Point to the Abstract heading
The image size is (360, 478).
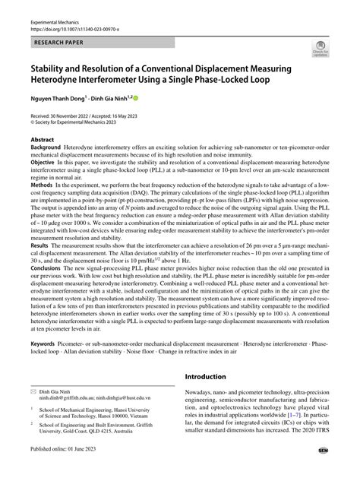tap(42, 141)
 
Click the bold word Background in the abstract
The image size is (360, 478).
tap(46, 149)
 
